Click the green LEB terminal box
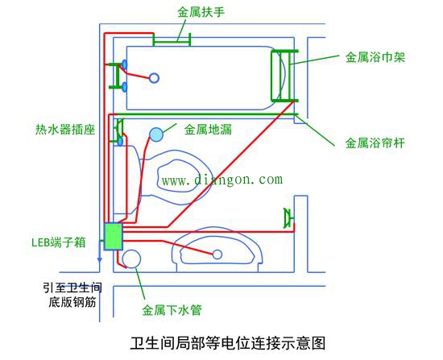113,236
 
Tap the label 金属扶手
201,12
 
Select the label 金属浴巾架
375,57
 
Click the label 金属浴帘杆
375,143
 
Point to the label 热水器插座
65,130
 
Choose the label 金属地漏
208,130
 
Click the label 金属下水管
172,310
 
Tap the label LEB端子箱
59,242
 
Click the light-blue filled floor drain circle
156,134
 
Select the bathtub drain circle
154,78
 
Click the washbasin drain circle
217,254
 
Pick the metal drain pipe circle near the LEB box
131,259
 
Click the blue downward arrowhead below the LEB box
99,259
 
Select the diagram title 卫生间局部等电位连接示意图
228,343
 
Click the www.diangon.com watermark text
222,180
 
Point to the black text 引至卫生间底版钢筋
72,295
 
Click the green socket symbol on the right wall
288,218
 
